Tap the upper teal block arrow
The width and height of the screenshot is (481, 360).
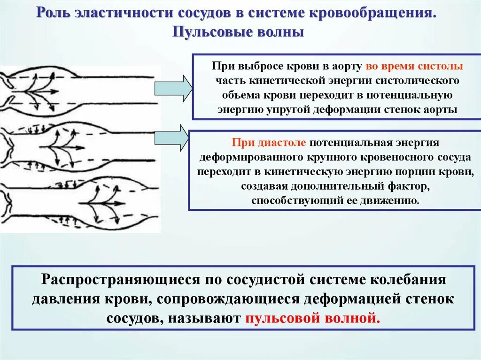pos(173,88)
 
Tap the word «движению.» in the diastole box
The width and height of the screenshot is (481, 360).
pos(396,200)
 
